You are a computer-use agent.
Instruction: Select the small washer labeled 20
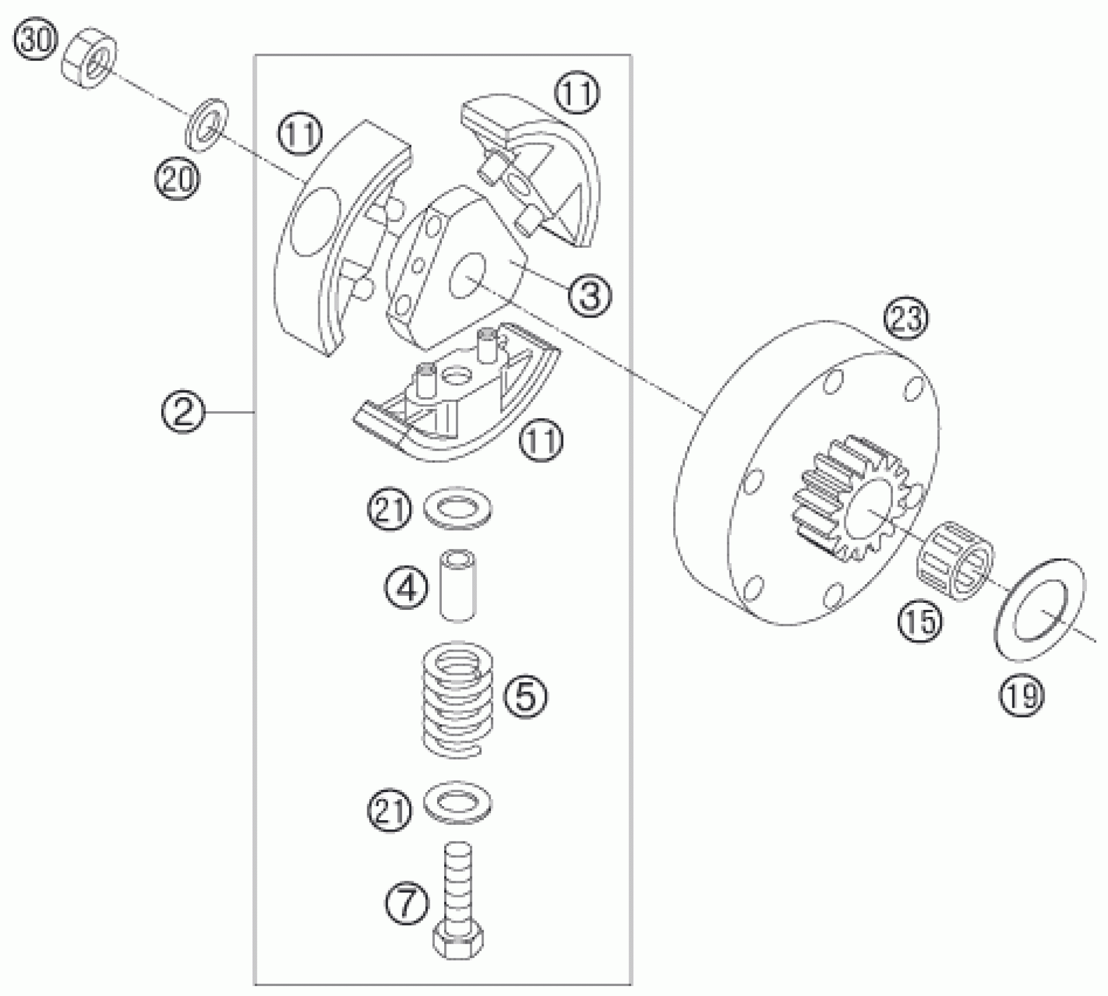click(x=207, y=124)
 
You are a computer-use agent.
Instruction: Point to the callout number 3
click(x=589, y=294)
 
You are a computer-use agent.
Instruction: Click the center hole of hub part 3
click(x=467, y=276)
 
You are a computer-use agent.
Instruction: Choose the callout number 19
click(x=1022, y=695)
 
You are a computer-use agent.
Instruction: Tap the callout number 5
click(x=526, y=695)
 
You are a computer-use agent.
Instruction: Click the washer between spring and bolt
click(x=458, y=802)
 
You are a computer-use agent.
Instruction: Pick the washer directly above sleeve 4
click(x=458, y=507)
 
